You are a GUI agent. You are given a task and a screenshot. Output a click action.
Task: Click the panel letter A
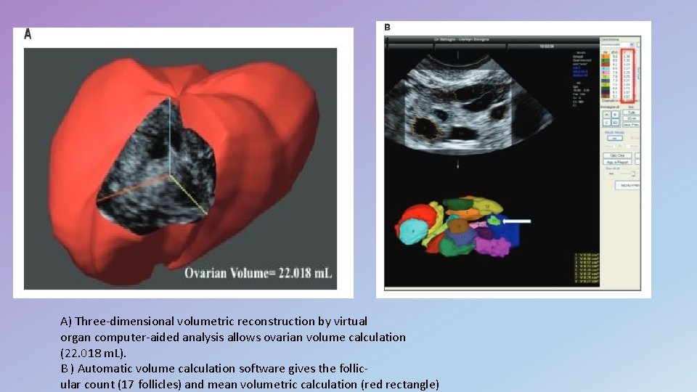point(28,34)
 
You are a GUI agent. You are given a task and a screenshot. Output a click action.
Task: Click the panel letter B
point(387,27)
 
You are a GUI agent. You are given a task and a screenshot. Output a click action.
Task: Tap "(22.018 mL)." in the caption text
point(93,353)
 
